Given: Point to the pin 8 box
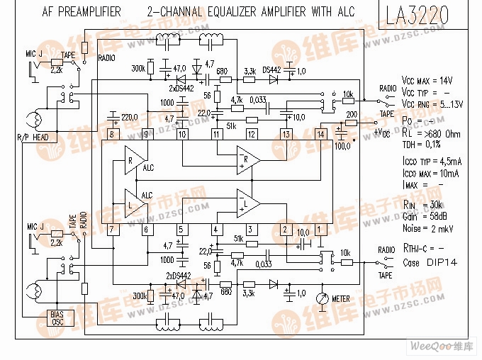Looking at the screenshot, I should [x=111, y=134].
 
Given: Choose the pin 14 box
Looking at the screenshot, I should [x=320, y=134].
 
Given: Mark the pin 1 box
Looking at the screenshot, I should [x=320, y=229].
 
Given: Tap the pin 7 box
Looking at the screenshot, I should [x=111, y=229].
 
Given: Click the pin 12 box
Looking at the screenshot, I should [x=251, y=134].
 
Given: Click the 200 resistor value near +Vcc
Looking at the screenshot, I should [x=351, y=113].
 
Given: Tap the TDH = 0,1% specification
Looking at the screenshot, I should [x=424, y=144].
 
